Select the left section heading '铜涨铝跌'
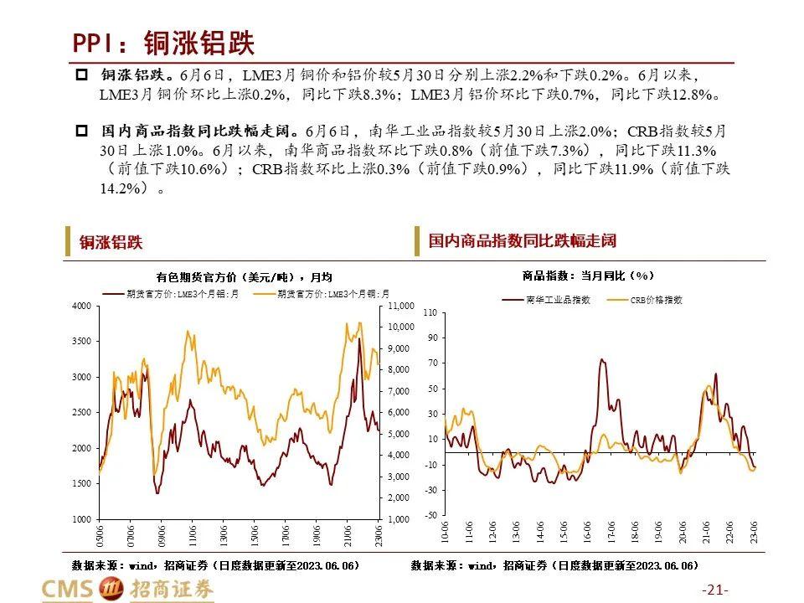[x=111, y=243]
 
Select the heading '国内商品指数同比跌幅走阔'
[x=523, y=241]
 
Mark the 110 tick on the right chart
[x=430, y=312]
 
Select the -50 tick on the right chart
[x=430, y=515]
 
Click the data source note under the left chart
[x=216, y=566]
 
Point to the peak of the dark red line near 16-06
[x=602, y=359]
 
